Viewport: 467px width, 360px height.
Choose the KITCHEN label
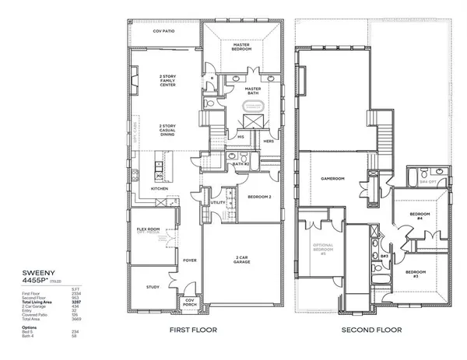coord(160,188)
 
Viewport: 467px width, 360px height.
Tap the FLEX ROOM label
coord(148,230)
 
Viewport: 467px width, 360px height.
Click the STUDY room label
coord(153,286)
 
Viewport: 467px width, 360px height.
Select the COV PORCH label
coord(189,303)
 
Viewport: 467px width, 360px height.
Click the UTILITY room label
coord(218,203)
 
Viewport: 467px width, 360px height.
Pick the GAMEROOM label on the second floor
coord(332,178)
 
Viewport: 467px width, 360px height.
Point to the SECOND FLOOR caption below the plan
coord(372,330)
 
